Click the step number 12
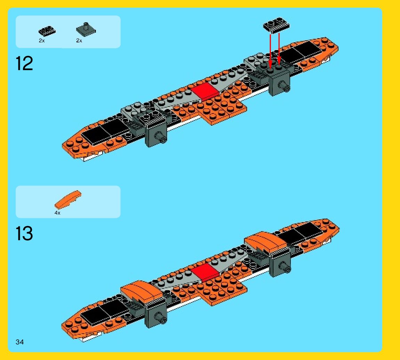point(24,64)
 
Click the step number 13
point(24,234)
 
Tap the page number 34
point(20,342)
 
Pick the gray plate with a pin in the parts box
point(85,29)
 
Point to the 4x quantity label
point(57,213)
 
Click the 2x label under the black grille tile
point(42,41)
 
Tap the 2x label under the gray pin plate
point(79,41)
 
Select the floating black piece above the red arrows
point(277,26)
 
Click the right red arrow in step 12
point(279,49)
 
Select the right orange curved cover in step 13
point(266,242)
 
